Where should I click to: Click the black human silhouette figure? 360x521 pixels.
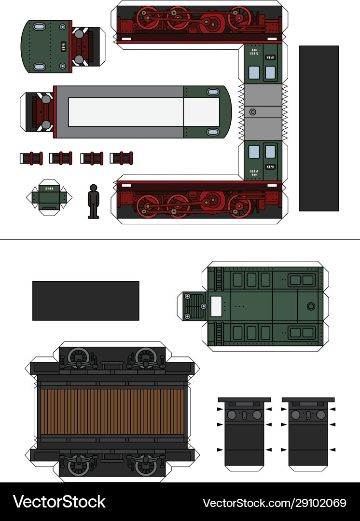coord(93,201)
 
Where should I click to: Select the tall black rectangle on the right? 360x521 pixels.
coord(318,128)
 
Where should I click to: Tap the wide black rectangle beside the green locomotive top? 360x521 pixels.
coord(85,301)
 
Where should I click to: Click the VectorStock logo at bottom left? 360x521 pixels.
coord(59,502)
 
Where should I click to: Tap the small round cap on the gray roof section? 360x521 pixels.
coord(252,112)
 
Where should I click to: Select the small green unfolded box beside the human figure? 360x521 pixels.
coord(48,197)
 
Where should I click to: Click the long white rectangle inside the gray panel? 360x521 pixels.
coord(125,112)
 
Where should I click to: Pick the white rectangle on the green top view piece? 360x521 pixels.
coord(216,306)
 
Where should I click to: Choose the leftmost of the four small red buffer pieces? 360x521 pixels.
coord(30,158)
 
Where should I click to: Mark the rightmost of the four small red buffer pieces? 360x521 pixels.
coord(121,158)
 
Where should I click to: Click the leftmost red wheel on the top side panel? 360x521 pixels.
coord(148,17)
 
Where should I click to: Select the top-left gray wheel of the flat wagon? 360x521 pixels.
coord(78,358)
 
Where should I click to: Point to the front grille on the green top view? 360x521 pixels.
coord(195,306)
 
